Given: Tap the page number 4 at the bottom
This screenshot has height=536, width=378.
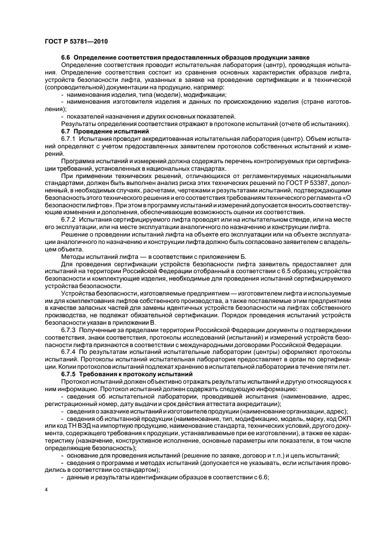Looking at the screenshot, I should tap(46, 490).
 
